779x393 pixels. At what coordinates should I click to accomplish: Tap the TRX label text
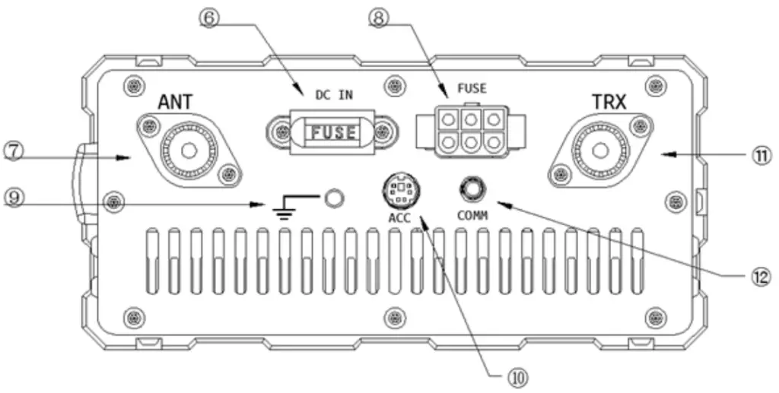(x=609, y=101)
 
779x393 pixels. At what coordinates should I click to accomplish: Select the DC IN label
(x=335, y=94)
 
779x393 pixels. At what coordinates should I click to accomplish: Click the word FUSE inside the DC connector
(x=331, y=132)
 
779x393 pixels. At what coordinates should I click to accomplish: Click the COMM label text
(x=472, y=216)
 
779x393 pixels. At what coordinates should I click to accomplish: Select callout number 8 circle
(x=379, y=15)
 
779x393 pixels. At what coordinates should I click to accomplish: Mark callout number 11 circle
(x=761, y=154)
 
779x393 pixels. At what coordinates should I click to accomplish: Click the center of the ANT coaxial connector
(x=189, y=148)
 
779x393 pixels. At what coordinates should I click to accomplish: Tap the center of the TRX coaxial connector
(x=601, y=149)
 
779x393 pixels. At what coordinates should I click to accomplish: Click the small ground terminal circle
(x=333, y=198)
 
